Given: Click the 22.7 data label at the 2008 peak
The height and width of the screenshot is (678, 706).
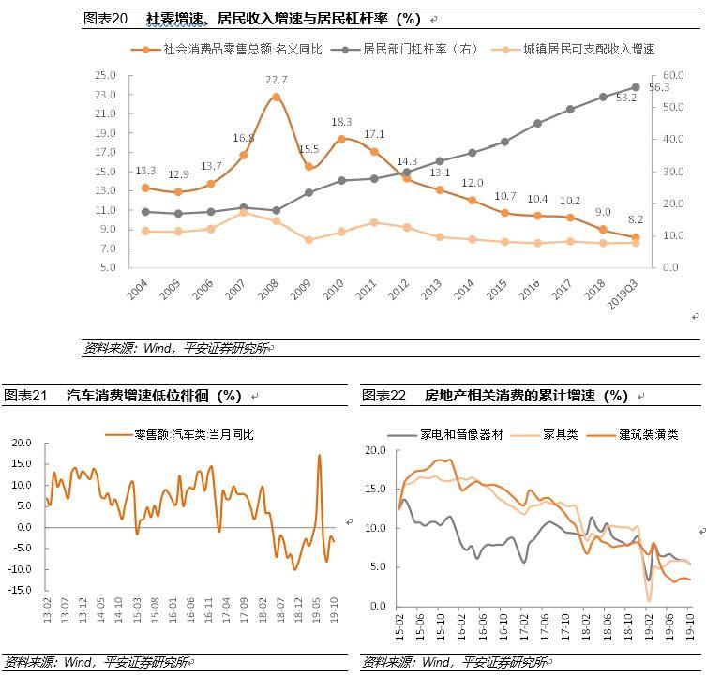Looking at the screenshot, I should [x=276, y=80].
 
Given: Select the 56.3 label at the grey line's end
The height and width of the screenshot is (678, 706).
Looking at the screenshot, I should [x=658, y=87].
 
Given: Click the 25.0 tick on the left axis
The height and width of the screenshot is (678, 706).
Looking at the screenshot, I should [x=105, y=75].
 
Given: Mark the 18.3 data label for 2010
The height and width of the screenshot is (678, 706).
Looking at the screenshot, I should [x=341, y=122].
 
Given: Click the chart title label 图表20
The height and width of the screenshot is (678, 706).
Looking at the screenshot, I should [x=105, y=19].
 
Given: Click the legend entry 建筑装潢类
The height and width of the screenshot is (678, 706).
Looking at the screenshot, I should [x=648, y=435].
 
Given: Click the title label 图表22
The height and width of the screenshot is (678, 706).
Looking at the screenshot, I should [x=383, y=396].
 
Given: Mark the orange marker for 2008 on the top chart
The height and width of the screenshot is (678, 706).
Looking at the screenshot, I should [x=276, y=97].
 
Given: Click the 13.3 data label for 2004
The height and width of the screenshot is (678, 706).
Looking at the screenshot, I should [x=145, y=171].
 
